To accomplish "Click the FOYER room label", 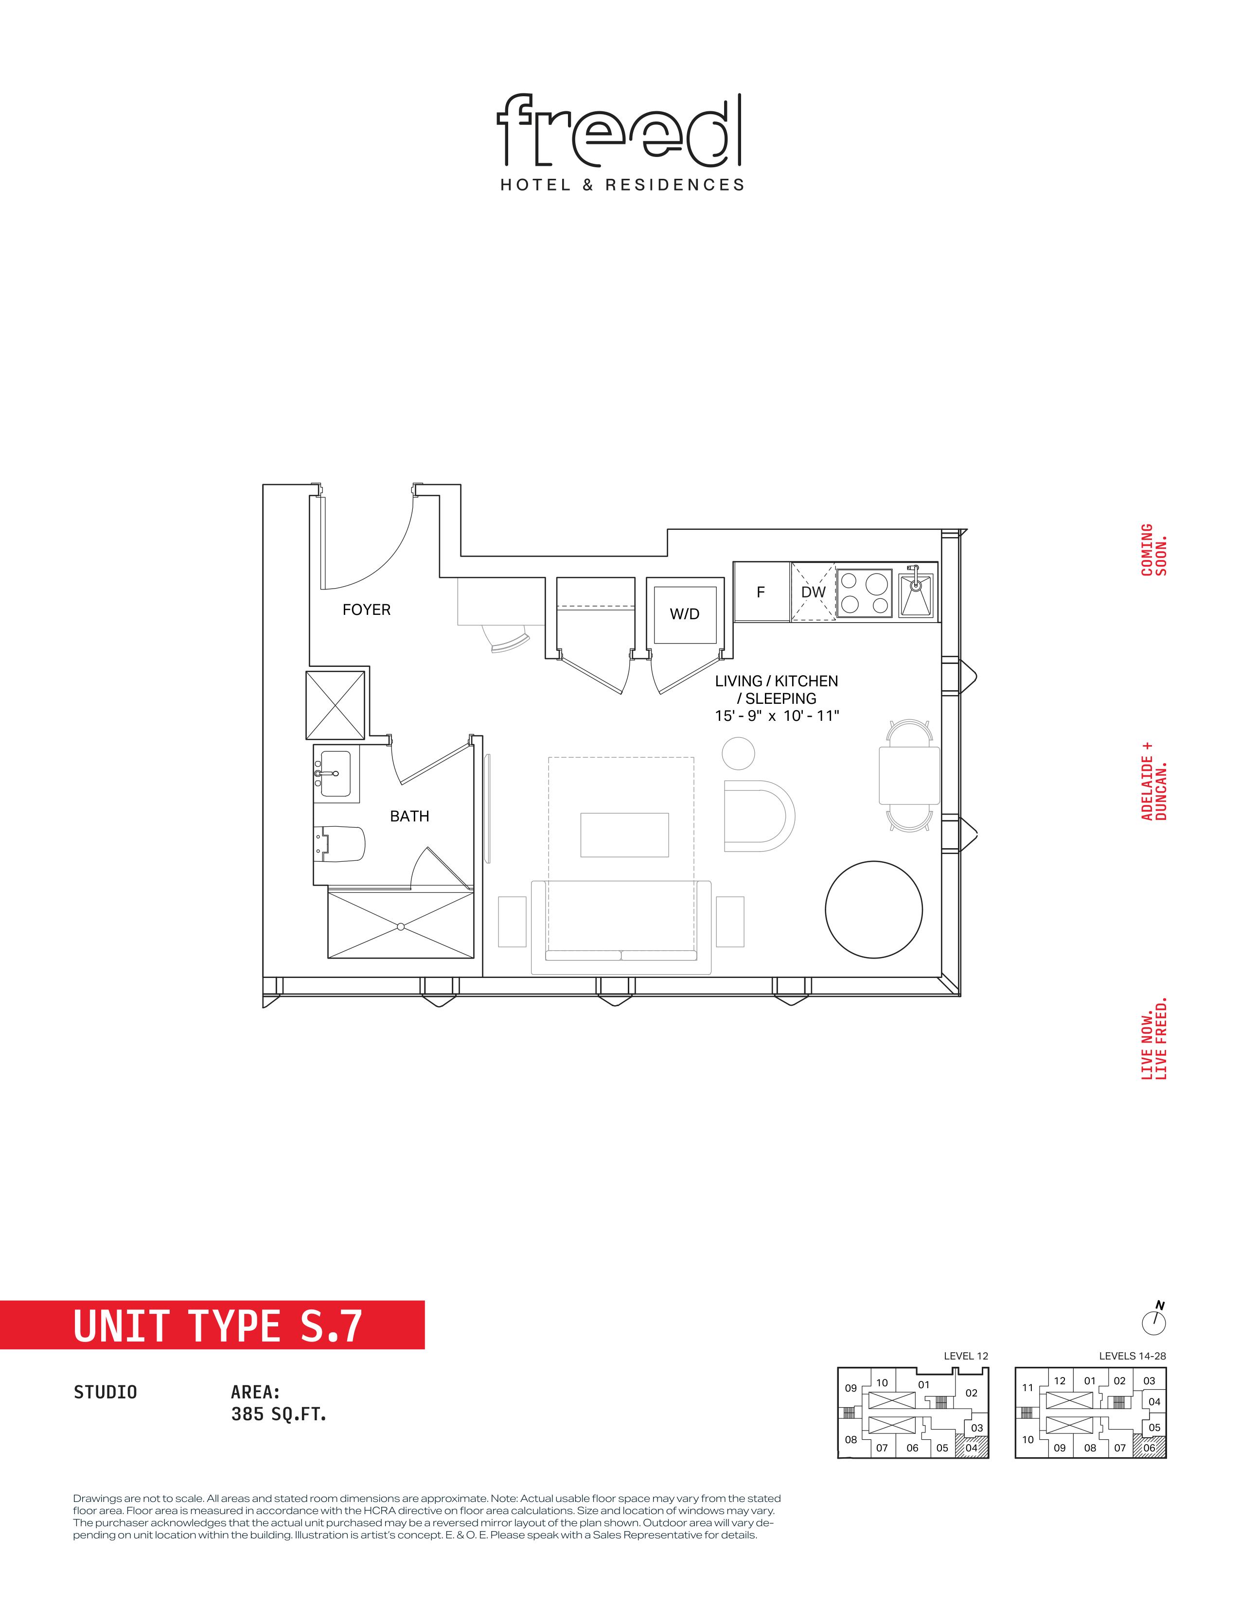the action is [367, 610].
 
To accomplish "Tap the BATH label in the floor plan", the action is [409, 816].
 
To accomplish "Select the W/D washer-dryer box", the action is [685, 613].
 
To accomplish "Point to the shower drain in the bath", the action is [401, 926].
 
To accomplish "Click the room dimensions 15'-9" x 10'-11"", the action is [777, 715].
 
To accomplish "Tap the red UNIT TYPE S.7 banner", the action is [213, 1325].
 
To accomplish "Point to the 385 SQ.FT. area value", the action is [279, 1414].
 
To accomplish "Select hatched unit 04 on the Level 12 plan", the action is [975, 1447].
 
